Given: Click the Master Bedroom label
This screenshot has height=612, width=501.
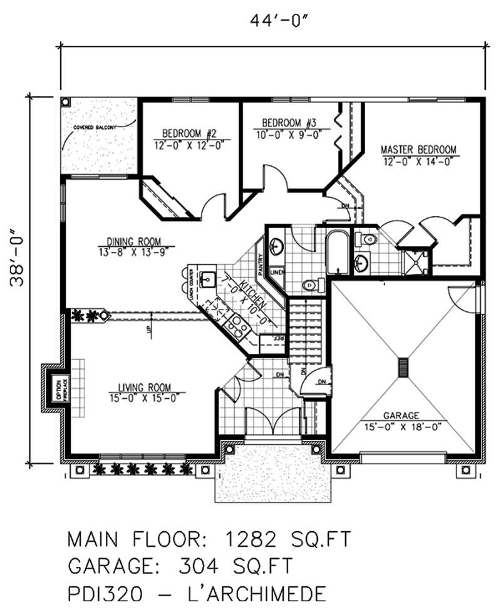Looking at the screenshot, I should point(419,150).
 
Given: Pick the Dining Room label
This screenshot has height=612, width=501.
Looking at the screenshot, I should point(133,241).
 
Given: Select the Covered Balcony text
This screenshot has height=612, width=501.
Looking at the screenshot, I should point(95,127).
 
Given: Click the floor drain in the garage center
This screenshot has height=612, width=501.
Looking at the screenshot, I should point(403,367).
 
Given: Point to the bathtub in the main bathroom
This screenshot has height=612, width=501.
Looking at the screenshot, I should point(338,252).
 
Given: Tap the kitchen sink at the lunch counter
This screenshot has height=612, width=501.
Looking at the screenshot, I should point(207,277).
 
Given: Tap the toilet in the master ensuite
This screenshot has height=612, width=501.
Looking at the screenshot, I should point(369,239).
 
